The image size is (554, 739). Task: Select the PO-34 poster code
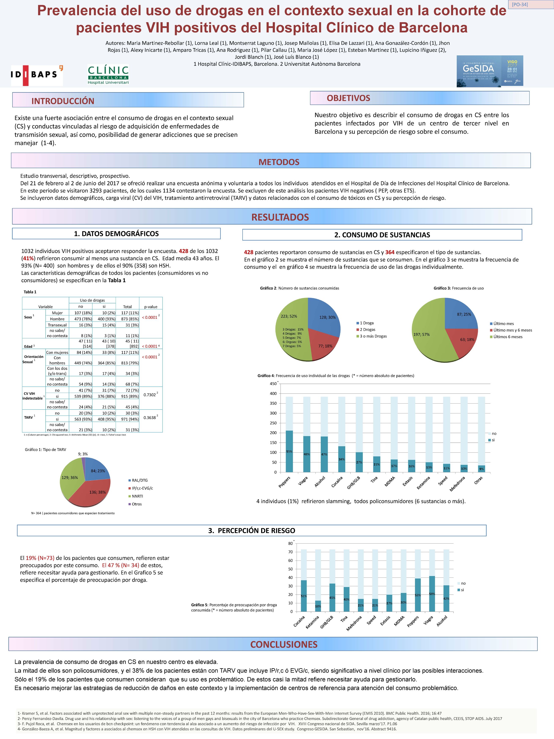(x=520, y=5)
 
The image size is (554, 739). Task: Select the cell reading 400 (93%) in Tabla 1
(x=104, y=319)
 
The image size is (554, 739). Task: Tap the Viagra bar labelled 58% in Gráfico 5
(x=432, y=594)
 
